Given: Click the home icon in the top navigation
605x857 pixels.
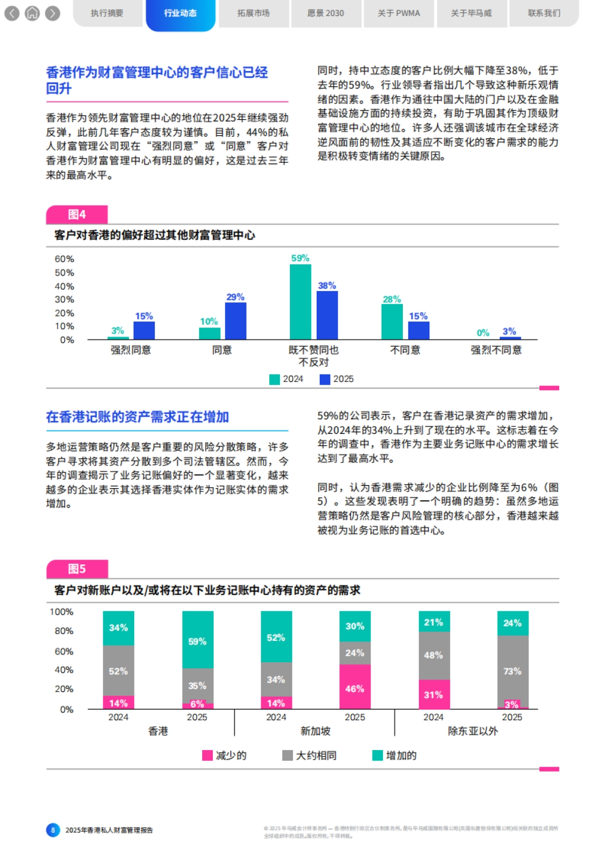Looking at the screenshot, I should [x=32, y=13].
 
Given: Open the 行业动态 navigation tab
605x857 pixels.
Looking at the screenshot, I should [x=180, y=13].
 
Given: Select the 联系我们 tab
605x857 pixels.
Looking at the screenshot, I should [x=543, y=13].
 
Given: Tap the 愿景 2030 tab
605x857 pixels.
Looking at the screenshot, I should [x=326, y=13].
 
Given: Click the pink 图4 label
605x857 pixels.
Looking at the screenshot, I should [x=77, y=215].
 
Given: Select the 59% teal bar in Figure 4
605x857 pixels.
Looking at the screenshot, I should [x=300, y=302].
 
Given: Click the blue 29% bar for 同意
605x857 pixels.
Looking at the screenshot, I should [x=235, y=321].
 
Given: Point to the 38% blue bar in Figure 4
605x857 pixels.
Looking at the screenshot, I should [x=327, y=315].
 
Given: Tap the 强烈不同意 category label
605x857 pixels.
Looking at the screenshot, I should [x=496, y=350].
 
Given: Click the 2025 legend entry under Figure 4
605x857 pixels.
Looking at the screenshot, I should [x=337, y=379].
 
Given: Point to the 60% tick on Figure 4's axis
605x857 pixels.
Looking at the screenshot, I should [x=65, y=259].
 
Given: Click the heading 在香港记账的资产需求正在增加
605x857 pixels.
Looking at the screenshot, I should [x=137, y=417].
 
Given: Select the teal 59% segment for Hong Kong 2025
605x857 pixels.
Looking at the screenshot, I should [x=198, y=640].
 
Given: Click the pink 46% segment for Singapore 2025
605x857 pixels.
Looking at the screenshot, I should [x=355, y=687].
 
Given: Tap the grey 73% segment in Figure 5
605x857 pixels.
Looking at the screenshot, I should [x=513, y=671].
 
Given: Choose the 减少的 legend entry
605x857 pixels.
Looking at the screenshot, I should [x=224, y=756].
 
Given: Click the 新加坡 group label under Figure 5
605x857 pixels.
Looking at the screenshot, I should [x=315, y=731].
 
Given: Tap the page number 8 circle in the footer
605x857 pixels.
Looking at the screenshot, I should [x=53, y=830].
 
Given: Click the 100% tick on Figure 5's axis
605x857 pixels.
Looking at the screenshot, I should [x=62, y=612].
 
